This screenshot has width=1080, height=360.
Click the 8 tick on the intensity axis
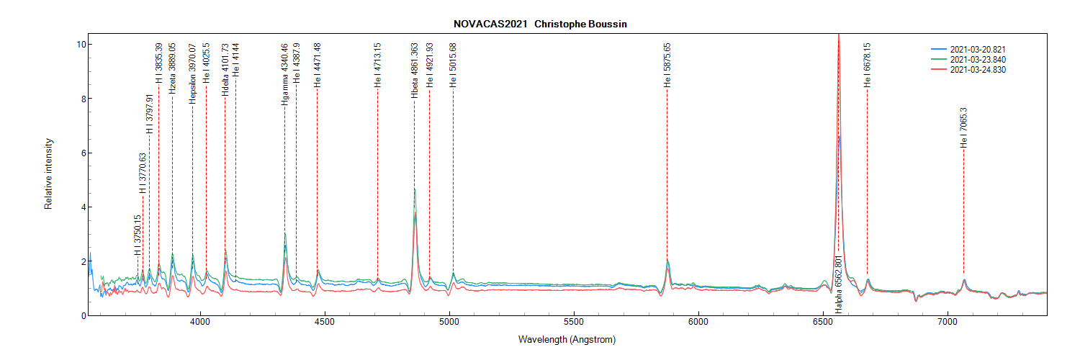coord(83,99)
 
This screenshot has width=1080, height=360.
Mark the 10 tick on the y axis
coord(81,45)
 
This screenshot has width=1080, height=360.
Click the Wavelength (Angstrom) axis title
coord(567,339)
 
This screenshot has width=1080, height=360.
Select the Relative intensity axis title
coord(49,176)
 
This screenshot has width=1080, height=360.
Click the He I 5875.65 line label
coord(667,66)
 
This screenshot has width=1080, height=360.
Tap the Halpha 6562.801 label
coord(838,283)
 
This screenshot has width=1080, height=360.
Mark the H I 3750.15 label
coord(138,235)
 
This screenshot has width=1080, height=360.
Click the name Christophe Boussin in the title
coord(580,24)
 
